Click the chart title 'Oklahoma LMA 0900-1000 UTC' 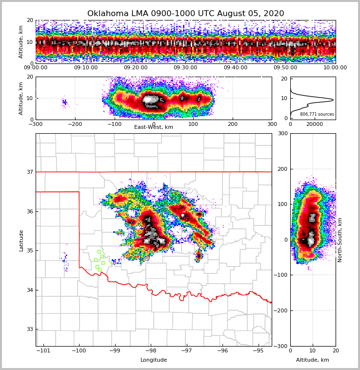(x=185, y=14)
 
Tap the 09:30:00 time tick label (x=185, y=68)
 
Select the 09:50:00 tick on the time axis (x=285, y=68)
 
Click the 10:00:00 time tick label (x=335, y=68)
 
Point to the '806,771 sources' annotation (x=317, y=114)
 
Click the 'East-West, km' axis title (x=154, y=127)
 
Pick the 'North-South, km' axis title (x=340, y=240)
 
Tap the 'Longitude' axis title (x=154, y=360)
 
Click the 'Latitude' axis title (x=21, y=240)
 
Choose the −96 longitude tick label (x=222, y=351)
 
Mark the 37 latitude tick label (x=29, y=172)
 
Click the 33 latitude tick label (x=29, y=329)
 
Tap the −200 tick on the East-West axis (x=75, y=124)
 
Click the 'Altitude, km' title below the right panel (x=313, y=360)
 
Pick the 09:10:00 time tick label (x=86, y=68)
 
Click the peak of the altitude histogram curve (x=333, y=100)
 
